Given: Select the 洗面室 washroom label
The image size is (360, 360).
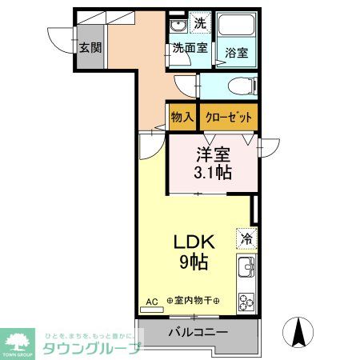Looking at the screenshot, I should [x=190, y=48].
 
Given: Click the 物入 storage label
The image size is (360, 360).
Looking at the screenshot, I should [x=182, y=117].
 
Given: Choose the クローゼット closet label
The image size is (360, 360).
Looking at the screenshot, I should [x=229, y=117].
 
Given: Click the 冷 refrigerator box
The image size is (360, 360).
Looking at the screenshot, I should [x=246, y=238].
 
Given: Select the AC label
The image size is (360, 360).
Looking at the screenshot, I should [x=151, y=303].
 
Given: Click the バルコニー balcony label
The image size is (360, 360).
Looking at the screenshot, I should [x=198, y=332].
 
